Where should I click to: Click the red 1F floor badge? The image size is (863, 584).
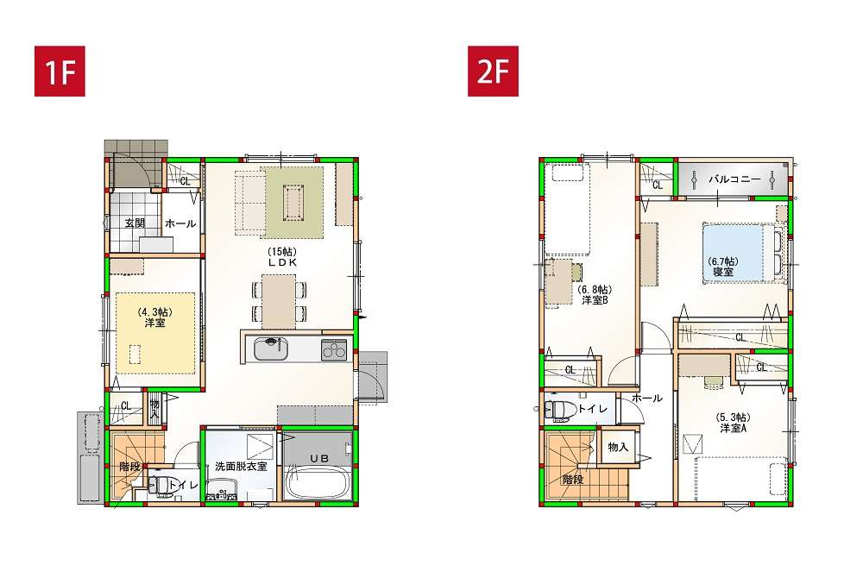(x=60, y=71)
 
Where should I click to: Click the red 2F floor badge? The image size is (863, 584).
(x=493, y=71)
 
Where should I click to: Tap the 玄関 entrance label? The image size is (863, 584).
(x=135, y=223)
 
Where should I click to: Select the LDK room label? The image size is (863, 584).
(x=282, y=263)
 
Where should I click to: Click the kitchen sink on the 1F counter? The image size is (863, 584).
(x=271, y=349)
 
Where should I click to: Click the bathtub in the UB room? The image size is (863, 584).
(x=318, y=483)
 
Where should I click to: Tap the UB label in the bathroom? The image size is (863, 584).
(x=318, y=458)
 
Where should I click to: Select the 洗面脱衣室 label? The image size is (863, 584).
(x=241, y=467)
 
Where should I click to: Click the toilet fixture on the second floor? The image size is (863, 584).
(x=558, y=410)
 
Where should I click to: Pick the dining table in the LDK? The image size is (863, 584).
(x=279, y=301)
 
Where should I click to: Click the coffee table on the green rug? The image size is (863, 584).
(x=293, y=201)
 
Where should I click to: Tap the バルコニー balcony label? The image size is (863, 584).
(x=734, y=179)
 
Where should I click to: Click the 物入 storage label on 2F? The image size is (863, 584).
(x=618, y=447)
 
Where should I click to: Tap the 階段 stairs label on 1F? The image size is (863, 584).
(x=130, y=468)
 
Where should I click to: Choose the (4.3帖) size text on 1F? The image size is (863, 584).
(x=154, y=311)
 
